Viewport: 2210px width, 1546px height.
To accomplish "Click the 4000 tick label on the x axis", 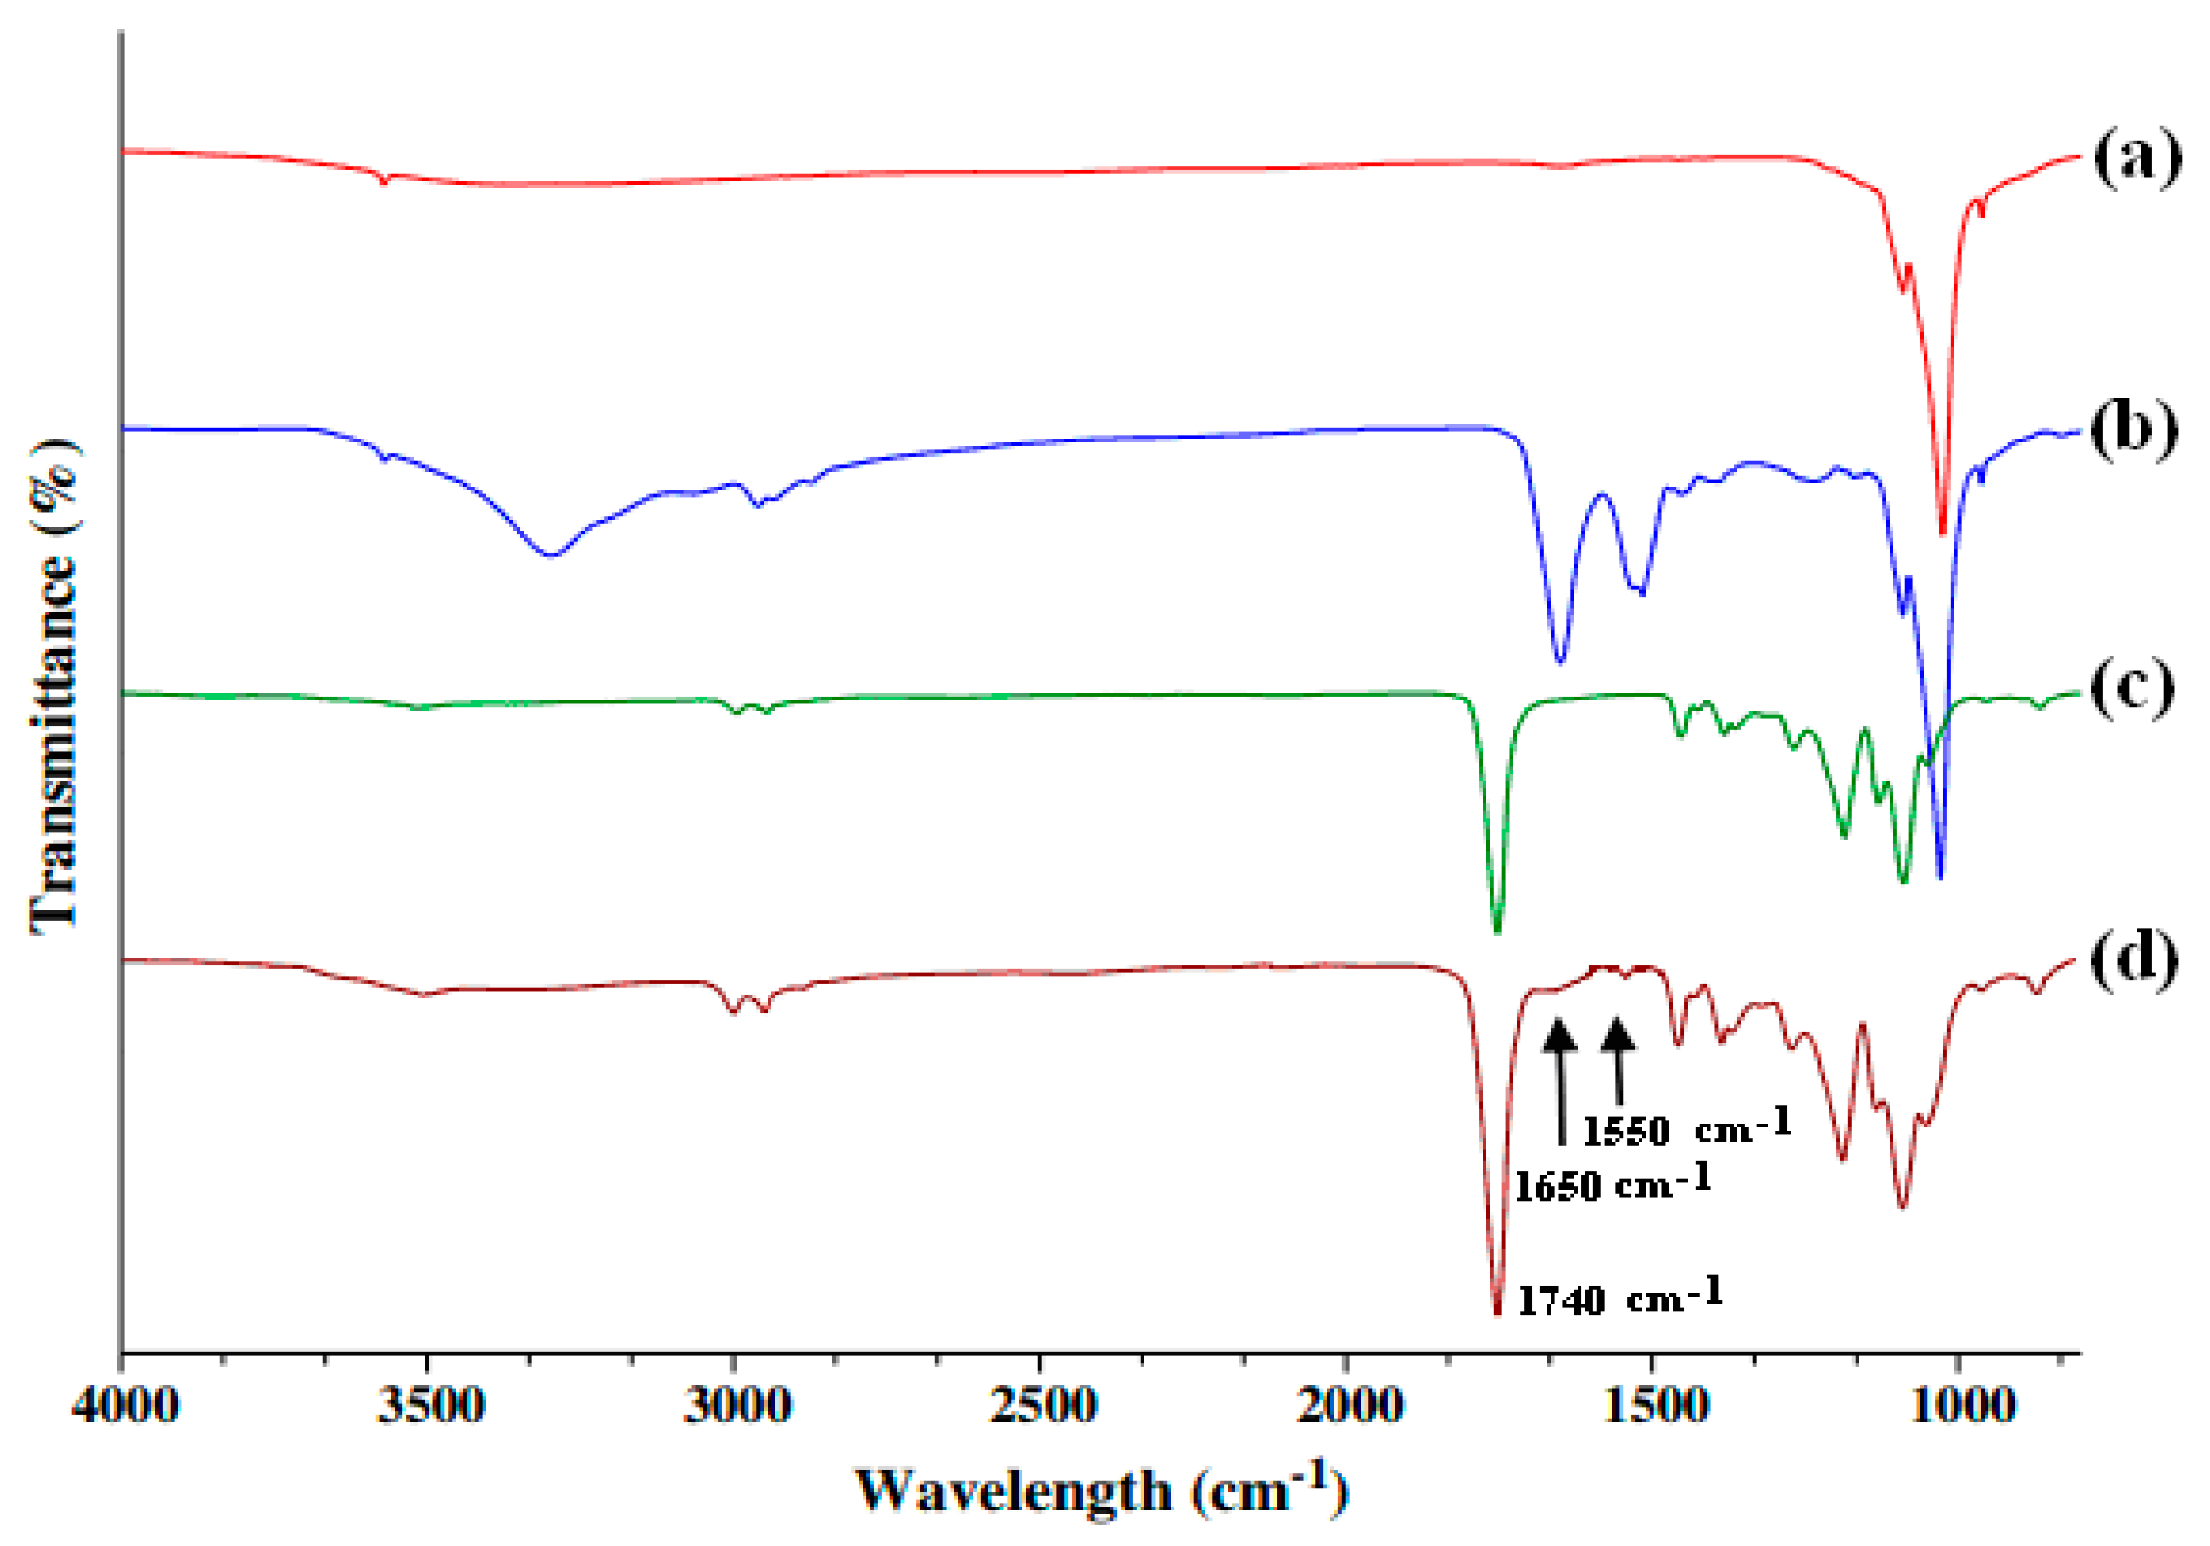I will coord(124,1406).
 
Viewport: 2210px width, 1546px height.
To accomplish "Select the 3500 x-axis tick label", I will coord(430,1406).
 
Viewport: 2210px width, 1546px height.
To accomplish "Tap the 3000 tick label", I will coord(737,1406).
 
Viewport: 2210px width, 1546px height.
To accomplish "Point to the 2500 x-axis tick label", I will coord(1042,1406).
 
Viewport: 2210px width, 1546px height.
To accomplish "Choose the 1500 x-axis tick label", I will coord(1655,1406).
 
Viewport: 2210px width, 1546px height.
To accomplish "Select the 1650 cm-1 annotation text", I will coord(1613,1183).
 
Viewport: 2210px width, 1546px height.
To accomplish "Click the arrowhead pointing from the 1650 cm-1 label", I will coord(1561,1035).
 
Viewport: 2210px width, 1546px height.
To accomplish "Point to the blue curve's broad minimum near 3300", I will coord(551,554).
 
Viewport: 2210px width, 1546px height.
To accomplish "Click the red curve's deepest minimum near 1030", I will coord(1942,531).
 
